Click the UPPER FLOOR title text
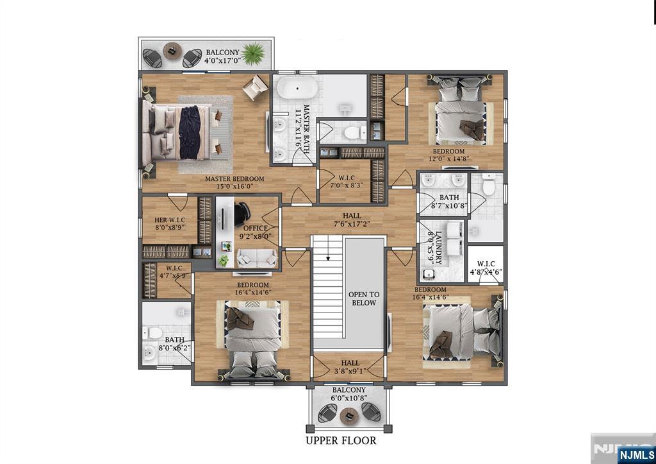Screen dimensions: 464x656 point(340,441)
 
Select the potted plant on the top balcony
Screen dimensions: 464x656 point(253,53)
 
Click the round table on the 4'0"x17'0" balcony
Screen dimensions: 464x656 point(172,51)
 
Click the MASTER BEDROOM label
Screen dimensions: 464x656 point(234,183)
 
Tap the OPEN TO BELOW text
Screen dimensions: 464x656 point(363,298)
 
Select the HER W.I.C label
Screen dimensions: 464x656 point(170,223)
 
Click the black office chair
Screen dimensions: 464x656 point(242,212)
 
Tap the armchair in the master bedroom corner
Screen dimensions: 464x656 point(255,87)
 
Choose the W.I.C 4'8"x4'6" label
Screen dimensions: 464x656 point(485,268)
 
